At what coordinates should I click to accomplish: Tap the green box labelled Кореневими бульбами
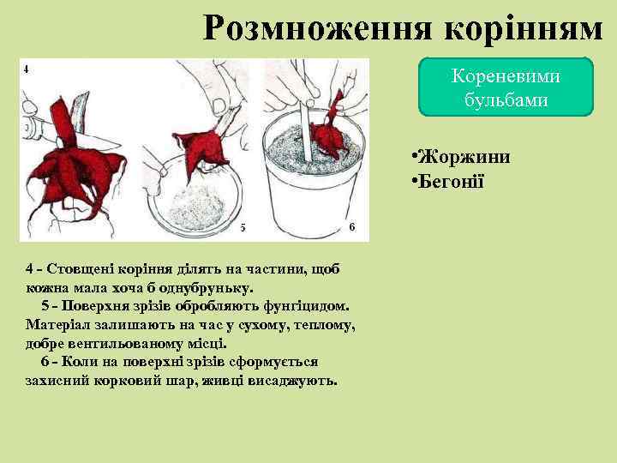pyautogui.click(x=506, y=87)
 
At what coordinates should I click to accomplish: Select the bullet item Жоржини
pyautogui.click(x=464, y=158)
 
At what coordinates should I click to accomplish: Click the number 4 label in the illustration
pyautogui.click(x=27, y=69)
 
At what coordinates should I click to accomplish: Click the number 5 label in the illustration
pyautogui.click(x=243, y=227)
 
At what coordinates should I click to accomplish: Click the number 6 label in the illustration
pyautogui.click(x=352, y=225)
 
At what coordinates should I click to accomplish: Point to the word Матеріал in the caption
pyautogui.click(x=57, y=325)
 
